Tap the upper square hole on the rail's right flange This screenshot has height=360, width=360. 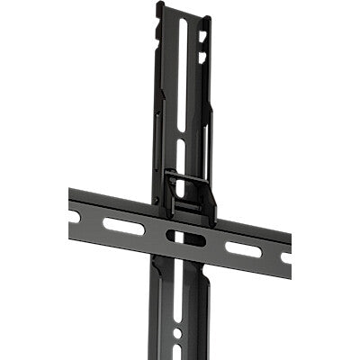tap(202, 37)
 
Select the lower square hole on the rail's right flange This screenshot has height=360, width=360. tap(202, 57)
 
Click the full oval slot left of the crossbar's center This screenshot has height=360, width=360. tap(123, 225)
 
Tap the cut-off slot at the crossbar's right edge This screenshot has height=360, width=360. tap(286, 258)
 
